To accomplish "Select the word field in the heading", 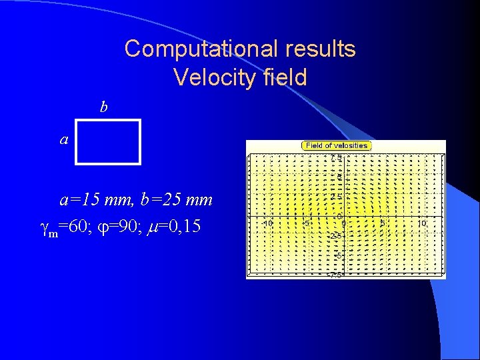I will tap(285, 77).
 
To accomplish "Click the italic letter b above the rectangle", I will tap(103, 107).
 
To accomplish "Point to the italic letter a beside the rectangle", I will tap(64, 140).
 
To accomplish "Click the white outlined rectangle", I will tap(108, 141).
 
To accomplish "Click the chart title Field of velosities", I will tap(337, 145).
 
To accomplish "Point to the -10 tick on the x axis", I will tap(267, 223).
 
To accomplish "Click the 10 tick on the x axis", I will tap(422, 223).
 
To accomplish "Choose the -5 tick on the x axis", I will tap(307, 223).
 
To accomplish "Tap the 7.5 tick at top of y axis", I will tap(337, 158).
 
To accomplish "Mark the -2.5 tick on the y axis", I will tap(336, 236).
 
